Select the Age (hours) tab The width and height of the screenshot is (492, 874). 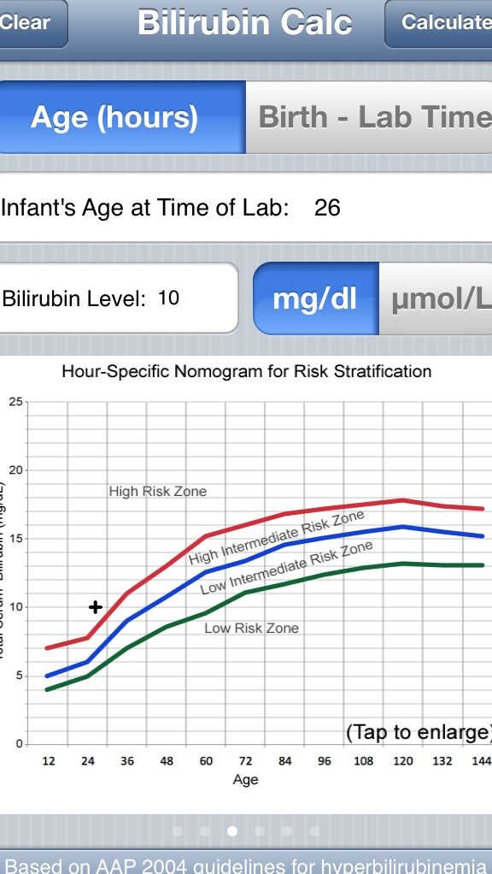114,117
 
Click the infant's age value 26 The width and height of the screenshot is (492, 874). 327,207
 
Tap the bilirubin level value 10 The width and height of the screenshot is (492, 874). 168,298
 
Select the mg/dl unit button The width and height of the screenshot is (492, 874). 314,299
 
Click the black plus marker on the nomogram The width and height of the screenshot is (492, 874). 96,607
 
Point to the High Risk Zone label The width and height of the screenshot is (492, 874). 157,492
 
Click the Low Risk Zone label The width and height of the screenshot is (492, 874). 251,628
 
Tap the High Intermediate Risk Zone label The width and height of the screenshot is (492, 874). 276,538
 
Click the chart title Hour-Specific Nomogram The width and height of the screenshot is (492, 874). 246,372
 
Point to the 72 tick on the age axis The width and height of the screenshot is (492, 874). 246,760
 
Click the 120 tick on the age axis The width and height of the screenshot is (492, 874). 403,760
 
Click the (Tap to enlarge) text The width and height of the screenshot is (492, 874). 419,732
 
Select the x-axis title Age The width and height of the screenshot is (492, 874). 245,779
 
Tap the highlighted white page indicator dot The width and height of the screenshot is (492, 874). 232,830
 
